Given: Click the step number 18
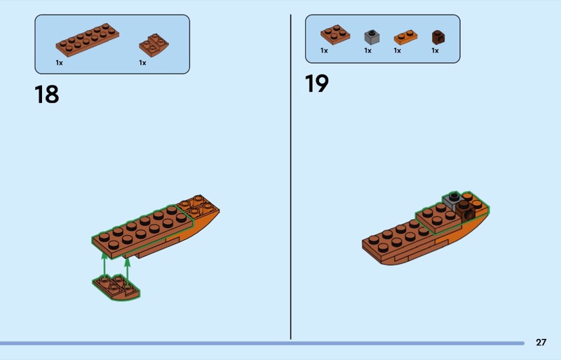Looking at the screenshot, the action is point(47,94).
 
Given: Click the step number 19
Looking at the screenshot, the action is point(317,84).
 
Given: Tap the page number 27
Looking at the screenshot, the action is point(541,342).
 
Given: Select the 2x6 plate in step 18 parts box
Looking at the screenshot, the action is point(87,40).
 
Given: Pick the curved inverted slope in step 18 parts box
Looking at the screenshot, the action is point(154,45).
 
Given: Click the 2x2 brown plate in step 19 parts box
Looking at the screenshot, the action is point(335,34).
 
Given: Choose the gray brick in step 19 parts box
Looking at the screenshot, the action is point(372,37).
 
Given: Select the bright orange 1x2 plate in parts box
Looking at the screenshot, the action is point(406,37).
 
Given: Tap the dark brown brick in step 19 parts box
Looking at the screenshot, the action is point(438,37).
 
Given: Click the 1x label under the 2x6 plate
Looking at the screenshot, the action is point(60,62).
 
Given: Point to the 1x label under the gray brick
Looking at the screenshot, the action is point(367,51).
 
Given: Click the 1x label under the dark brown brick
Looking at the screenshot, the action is point(435,51).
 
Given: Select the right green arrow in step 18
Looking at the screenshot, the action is point(127,272).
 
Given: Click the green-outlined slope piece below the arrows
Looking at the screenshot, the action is point(116,287).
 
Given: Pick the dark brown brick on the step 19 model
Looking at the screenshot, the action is point(466,211).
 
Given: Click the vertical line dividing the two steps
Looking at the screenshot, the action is point(290,177).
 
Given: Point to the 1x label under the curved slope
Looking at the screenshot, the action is point(143,62).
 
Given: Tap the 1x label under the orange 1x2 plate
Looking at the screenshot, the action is point(398,51).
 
